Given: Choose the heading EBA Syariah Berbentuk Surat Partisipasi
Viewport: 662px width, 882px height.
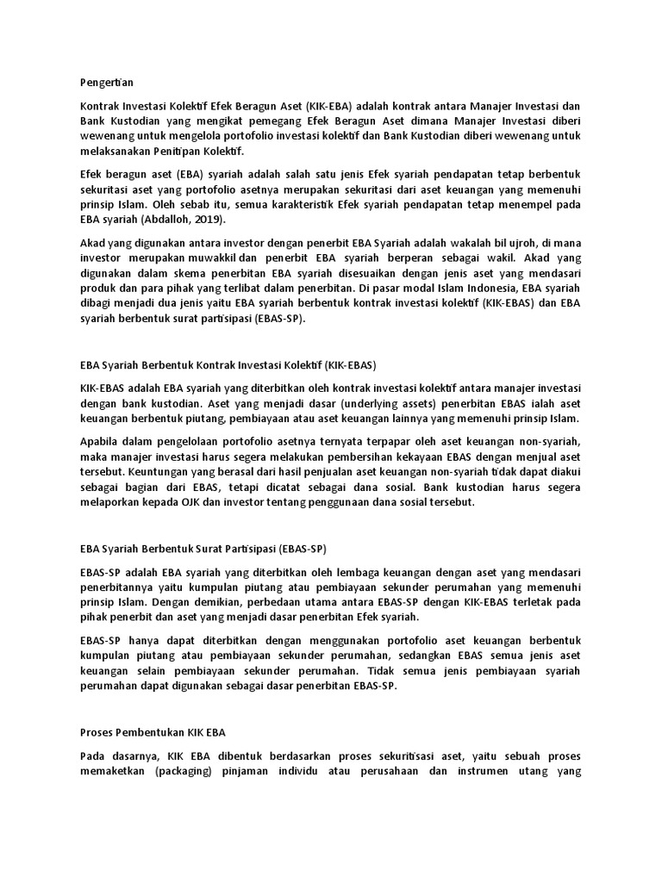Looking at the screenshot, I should tap(203, 548).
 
